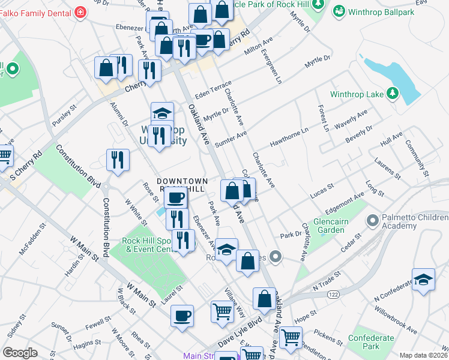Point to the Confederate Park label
(372, 342)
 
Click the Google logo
(20, 353)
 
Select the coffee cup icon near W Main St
(182, 315)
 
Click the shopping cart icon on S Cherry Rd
(5, 156)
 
